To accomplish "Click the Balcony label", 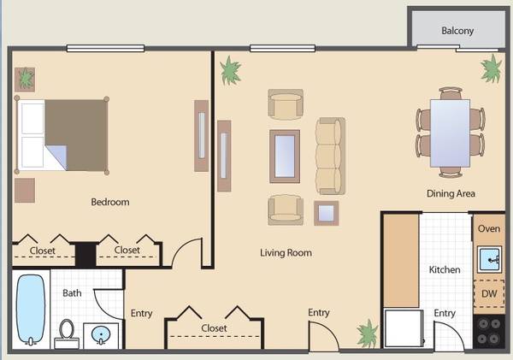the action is tap(457, 31).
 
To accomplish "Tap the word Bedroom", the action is tap(110, 202).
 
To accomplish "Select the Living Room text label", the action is tap(286, 252).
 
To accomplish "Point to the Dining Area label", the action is tap(451, 193).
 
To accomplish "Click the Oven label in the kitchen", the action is tap(489, 228).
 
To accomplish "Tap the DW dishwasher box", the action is tap(489, 293).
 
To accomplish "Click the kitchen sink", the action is tap(489, 260).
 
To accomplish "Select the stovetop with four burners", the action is tap(489, 331).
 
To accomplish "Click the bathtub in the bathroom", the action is tap(31, 310).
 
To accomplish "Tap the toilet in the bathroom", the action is tap(67, 333).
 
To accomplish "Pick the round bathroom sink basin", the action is tap(101, 335).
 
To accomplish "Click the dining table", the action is tap(450, 133).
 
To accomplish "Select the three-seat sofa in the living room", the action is tap(330, 156).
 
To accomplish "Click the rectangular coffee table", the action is tap(285, 156).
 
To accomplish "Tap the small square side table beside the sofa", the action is tap(327, 213).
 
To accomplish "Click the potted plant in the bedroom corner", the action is tap(25, 80).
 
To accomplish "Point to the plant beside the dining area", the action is tap(491, 68).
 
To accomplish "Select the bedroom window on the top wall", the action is tap(105, 49).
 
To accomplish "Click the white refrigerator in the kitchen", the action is tap(404, 328).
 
